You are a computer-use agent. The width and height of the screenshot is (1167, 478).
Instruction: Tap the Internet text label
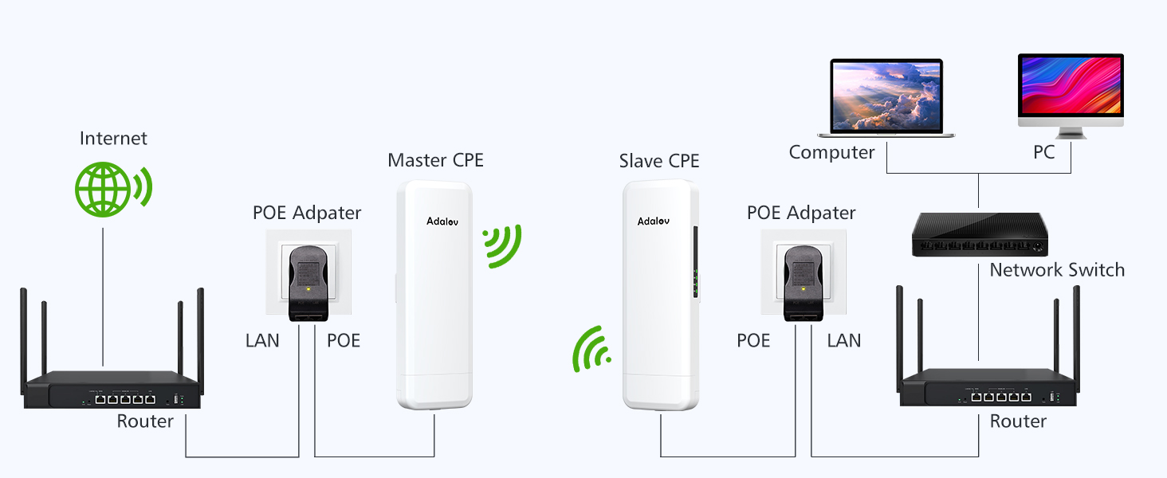(x=113, y=139)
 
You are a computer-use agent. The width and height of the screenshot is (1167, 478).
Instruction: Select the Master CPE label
(x=435, y=160)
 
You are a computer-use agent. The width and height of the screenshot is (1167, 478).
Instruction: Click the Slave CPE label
(x=659, y=161)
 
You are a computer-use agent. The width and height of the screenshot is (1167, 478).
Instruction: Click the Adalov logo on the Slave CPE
(x=654, y=220)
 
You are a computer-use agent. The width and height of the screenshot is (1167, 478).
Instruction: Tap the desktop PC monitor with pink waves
(x=1071, y=86)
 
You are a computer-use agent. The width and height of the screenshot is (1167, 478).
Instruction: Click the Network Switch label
(x=1057, y=270)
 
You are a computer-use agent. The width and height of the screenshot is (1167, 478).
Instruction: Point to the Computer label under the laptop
(x=831, y=152)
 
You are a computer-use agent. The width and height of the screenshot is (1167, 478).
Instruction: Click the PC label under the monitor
(x=1044, y=152)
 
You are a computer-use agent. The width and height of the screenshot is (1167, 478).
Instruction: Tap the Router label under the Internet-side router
(x=145, y=421)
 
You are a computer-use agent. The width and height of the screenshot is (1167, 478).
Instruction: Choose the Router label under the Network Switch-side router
(x=1018, y=421)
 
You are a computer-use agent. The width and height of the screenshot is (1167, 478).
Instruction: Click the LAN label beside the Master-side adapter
(x=262, y=341)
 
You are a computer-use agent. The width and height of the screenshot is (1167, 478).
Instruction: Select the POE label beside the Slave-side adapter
(x=753, y=341)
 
